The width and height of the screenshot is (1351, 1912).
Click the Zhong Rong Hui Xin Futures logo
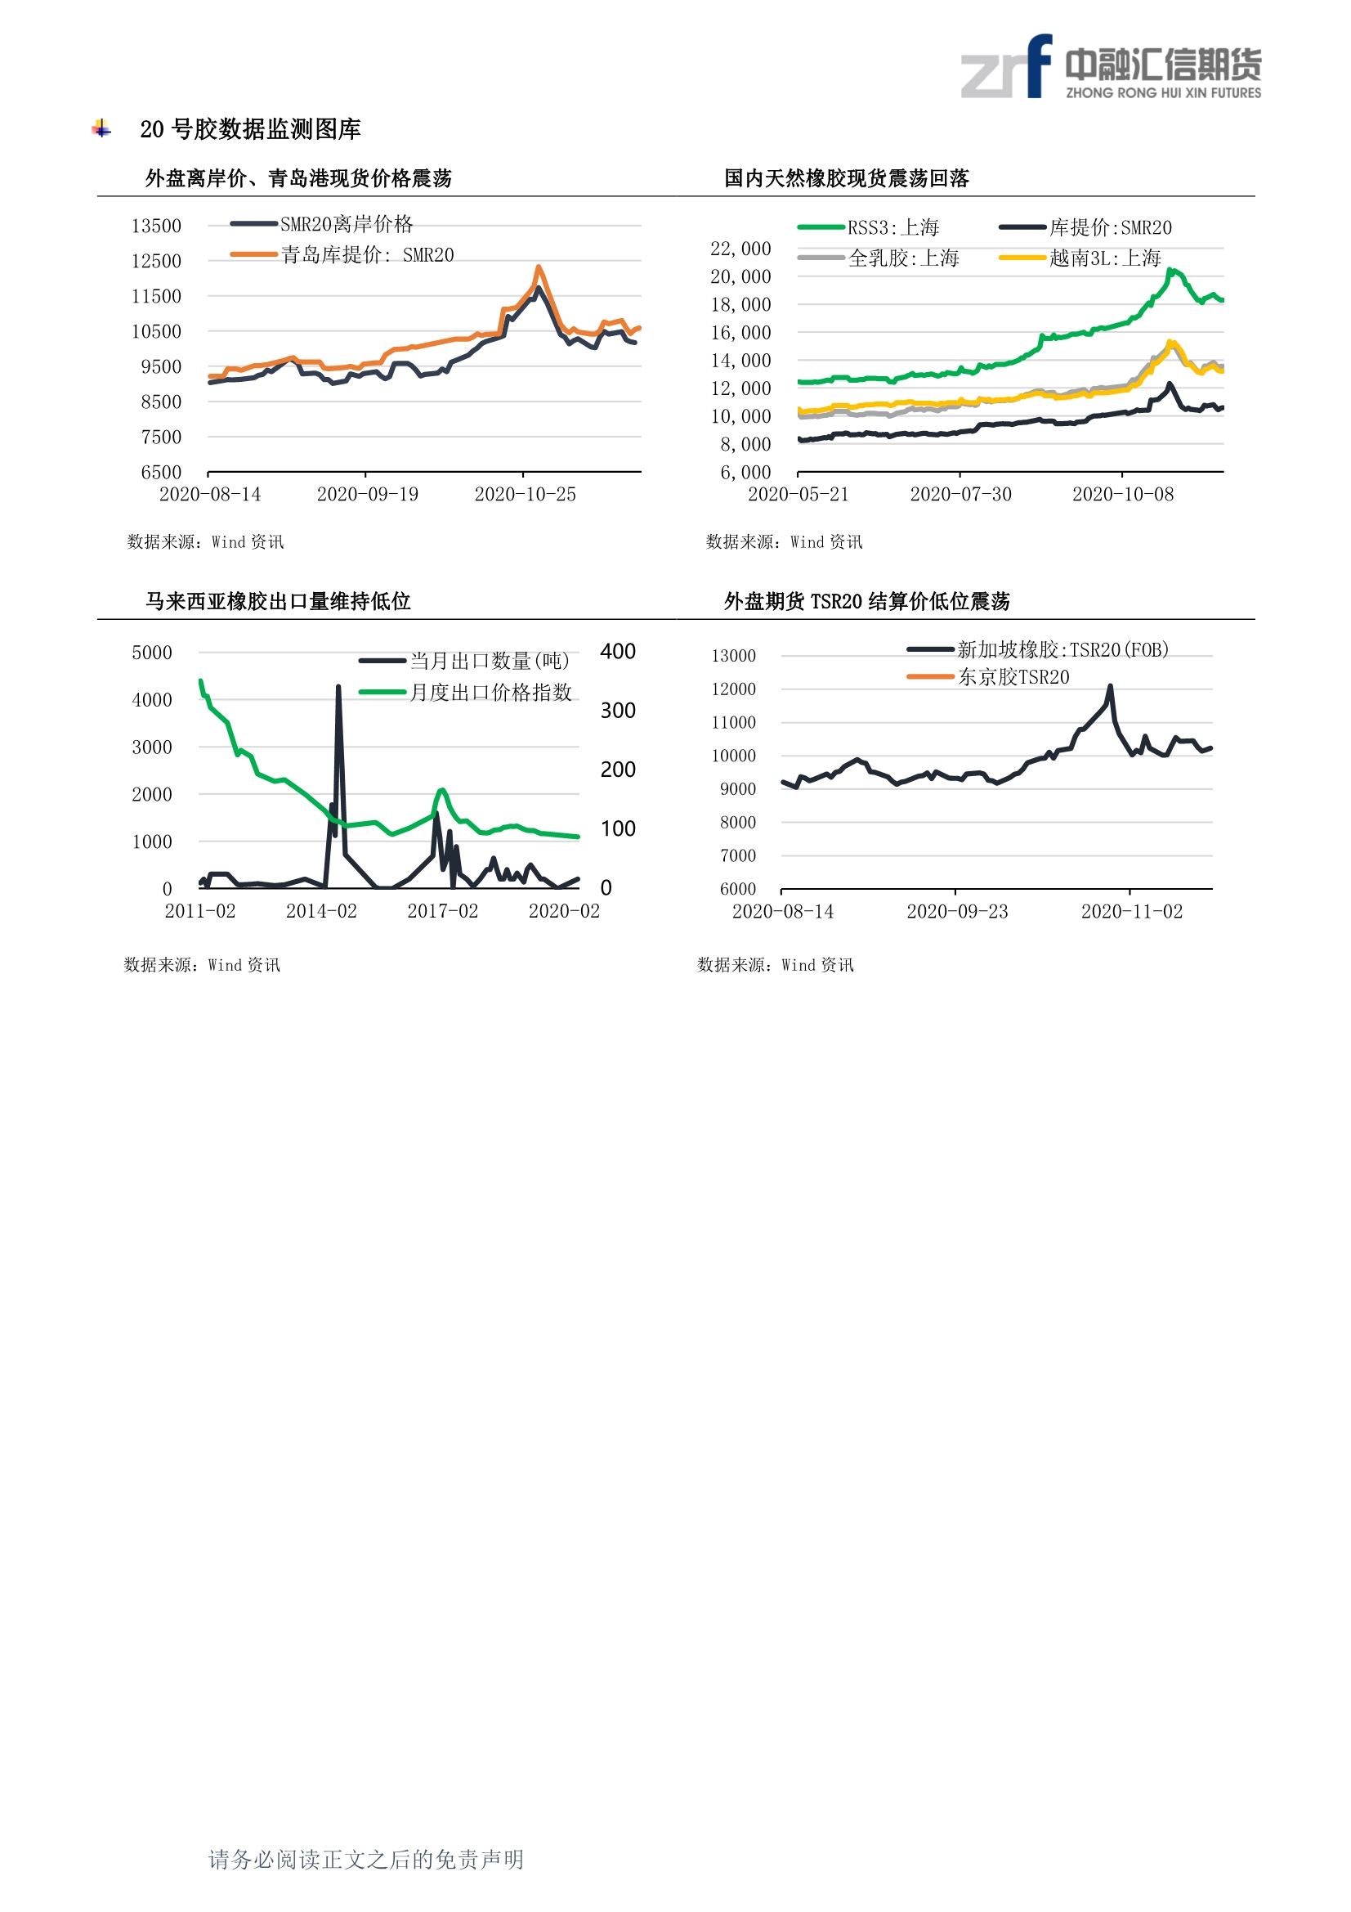1111,66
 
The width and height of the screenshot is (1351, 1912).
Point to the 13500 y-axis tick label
155,226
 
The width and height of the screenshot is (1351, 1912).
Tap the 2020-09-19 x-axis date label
367,495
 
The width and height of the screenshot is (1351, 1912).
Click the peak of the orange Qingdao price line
539,267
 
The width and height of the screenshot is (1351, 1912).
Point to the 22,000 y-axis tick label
740,248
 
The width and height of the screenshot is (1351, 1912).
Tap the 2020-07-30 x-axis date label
960,495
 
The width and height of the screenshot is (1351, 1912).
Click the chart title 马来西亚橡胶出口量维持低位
278,601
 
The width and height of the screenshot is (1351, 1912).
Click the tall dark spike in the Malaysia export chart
338,688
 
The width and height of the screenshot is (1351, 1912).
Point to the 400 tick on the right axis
618,651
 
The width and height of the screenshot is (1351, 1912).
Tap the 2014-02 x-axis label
321,911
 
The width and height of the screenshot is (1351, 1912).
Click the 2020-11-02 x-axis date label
1131,912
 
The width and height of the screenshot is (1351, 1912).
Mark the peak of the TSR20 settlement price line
1111,686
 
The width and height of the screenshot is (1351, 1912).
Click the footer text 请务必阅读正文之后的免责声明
365,1860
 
